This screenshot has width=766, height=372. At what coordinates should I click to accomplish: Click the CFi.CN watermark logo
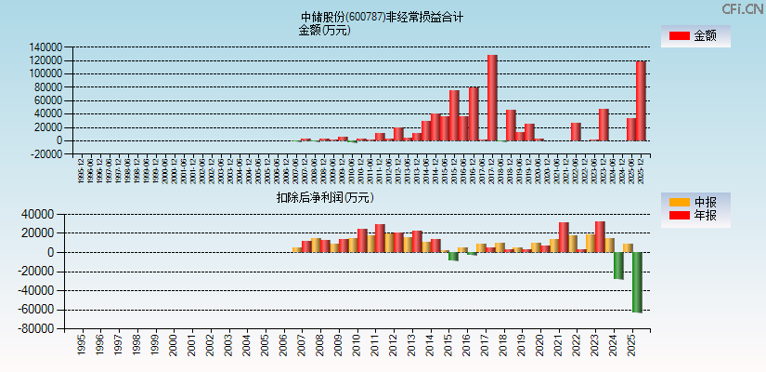(742, 8)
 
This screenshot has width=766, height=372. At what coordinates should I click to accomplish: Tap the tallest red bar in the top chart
(492, 98)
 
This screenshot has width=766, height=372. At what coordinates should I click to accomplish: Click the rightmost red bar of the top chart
(641, 100)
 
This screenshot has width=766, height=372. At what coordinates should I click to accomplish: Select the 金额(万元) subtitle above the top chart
(324, 30)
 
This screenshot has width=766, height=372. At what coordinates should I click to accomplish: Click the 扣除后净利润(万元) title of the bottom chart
(324, 197)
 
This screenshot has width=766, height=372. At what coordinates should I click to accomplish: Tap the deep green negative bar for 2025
(637, 282)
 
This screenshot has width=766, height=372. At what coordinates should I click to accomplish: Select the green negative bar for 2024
(618, 265)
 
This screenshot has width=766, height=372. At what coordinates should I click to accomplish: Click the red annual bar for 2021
(564, 237)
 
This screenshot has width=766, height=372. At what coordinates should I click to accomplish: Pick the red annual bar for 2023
(600, 236)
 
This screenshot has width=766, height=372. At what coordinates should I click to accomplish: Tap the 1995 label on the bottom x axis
(81, 345)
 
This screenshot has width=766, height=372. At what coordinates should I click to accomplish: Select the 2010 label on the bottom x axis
(357, 345)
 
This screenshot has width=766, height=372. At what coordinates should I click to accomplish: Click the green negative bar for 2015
(453, 256)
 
